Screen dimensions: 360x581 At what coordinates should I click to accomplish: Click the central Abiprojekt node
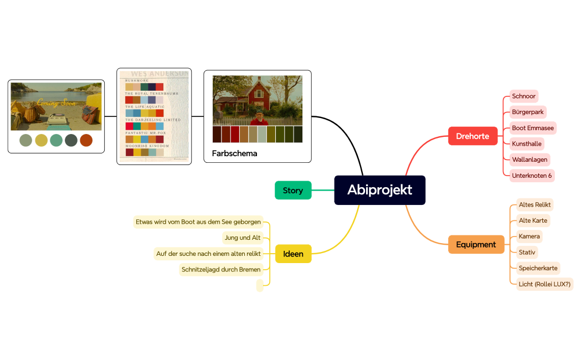(379, 190)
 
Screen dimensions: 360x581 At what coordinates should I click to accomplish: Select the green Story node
(293, 191)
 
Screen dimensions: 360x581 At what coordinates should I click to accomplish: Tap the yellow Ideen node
(293, 254)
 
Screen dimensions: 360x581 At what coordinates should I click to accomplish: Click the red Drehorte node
(472, 136)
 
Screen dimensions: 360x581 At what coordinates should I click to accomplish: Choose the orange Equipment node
(476, 244)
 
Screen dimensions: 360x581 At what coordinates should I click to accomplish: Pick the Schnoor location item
(523, 96)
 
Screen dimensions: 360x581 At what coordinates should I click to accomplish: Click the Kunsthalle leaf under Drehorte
(526, 144)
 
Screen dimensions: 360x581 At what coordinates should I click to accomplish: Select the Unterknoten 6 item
(532, 176)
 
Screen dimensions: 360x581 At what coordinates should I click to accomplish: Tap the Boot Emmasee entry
(533, 128)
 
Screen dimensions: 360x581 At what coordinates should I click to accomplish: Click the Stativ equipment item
(527, 253)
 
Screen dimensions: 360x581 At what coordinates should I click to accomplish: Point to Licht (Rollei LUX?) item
(544, 284)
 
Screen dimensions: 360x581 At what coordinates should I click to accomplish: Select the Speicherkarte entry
(538, 268)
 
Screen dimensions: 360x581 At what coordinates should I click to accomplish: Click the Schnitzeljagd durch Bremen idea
(220, 270)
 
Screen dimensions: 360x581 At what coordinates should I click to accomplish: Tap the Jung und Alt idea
(242, 238)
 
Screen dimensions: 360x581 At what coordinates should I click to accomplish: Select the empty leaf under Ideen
(260, 285)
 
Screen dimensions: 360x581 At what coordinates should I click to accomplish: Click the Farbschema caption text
(234, 153)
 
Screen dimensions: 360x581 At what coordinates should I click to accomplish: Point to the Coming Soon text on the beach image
(56, 103)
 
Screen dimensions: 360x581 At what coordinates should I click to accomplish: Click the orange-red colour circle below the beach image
(86, 140)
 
